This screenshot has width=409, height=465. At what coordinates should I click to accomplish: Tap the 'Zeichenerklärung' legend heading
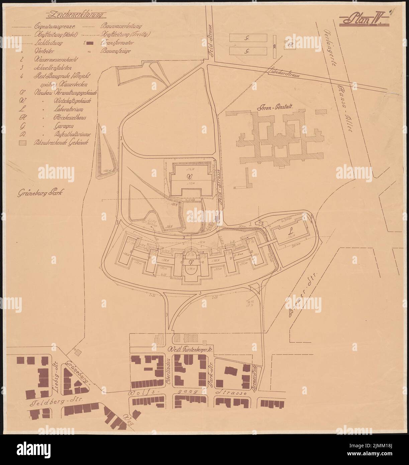click(76, 15)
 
